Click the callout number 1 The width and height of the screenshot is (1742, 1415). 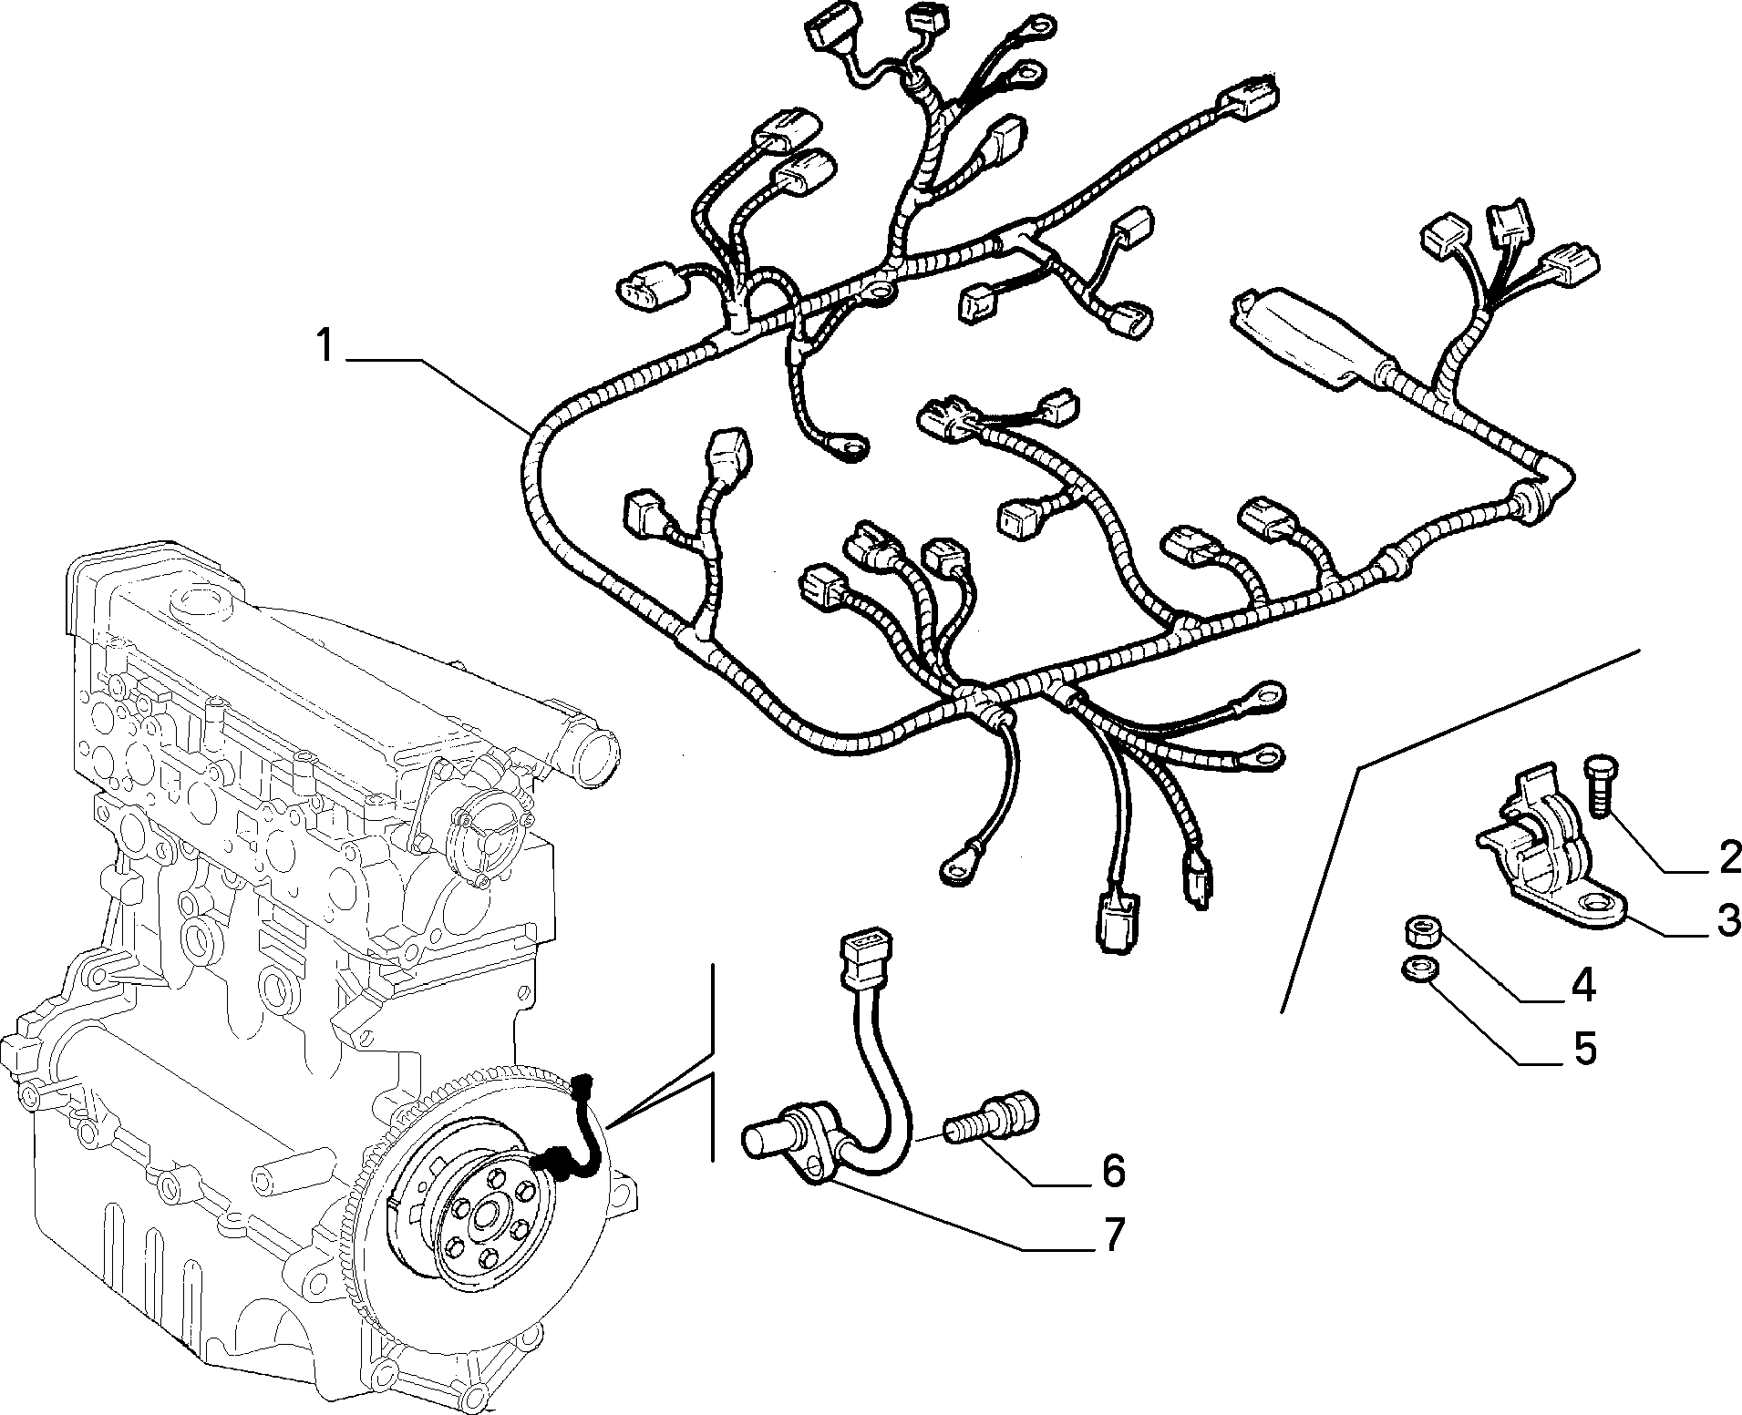point(325,347)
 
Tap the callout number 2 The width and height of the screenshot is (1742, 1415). point(1729,857)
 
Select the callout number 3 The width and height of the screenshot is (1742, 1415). point(1727,920)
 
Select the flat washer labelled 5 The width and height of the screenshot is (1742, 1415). point(1417,969)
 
